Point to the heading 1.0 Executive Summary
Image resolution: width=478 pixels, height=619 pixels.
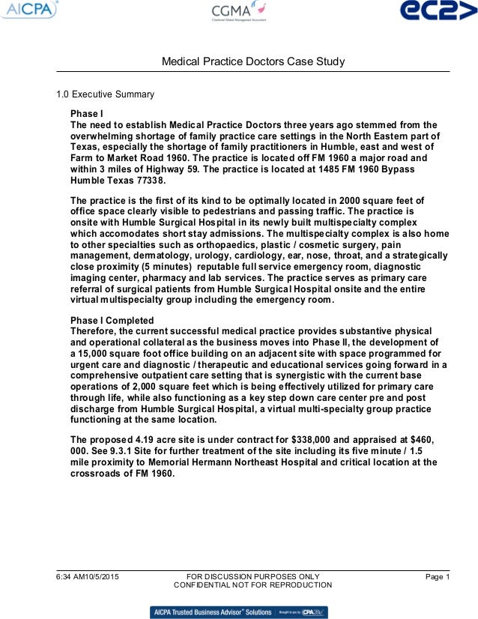coord(106,94)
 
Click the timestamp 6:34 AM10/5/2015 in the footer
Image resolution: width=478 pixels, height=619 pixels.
coord(87,576)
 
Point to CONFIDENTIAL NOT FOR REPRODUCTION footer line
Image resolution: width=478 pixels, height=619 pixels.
coord(252,585)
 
